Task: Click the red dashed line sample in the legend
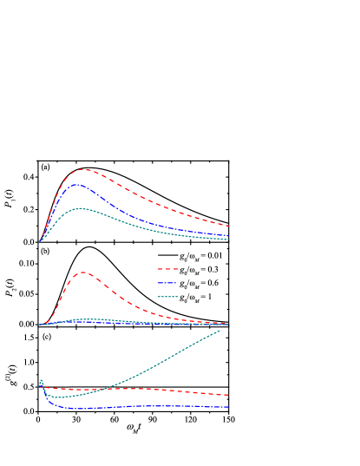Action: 167,269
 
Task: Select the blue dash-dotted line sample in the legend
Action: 167,283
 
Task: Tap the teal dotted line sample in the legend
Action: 167,297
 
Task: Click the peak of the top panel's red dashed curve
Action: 83,169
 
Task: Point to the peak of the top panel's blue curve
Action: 76,184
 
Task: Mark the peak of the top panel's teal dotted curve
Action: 81,208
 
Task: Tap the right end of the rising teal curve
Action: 222,329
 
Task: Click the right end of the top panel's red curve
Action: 228,226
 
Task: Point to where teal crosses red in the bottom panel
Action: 103,389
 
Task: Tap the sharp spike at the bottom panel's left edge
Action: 40,380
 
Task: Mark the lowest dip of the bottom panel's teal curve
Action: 57,397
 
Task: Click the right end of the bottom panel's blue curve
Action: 228,406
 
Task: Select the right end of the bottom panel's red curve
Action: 228,395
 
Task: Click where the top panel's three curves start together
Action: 39,242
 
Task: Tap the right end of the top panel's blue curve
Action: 228,235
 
